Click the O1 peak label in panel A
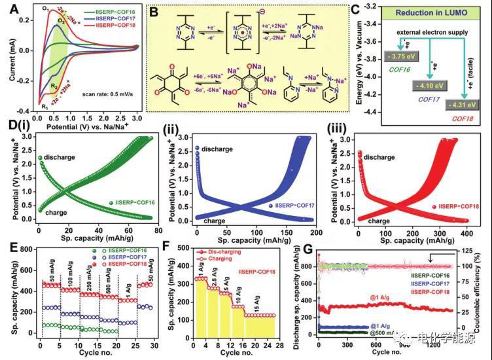tap(44, 9)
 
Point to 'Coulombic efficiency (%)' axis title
tap(484, 288)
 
